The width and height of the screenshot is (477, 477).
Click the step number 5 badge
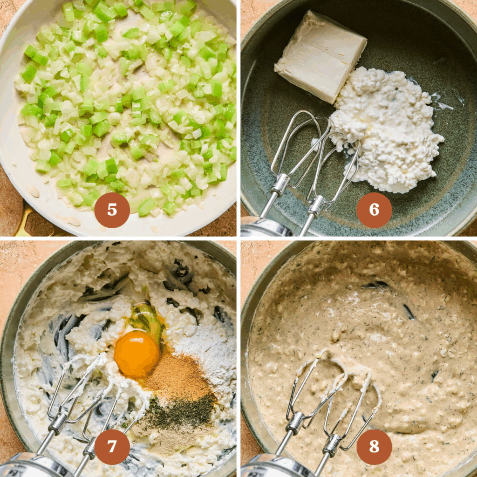point(112,210)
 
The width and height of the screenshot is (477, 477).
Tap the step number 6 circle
point(374,210)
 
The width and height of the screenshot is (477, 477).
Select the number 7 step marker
point(112,447)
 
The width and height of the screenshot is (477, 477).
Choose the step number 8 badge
point(374,447)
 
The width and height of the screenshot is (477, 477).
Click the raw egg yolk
point(136,354)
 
